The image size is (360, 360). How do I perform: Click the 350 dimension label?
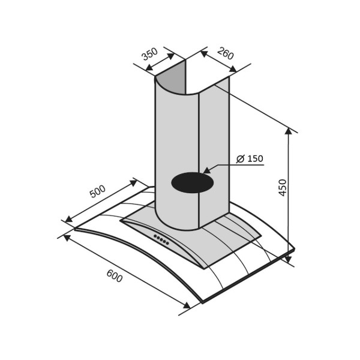pos(150,54)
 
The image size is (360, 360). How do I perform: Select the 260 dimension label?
pos(226,53)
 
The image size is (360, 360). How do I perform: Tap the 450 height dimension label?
pos(283,188)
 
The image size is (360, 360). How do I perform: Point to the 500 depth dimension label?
pos(98,191)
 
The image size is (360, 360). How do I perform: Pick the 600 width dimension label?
pos(115,276)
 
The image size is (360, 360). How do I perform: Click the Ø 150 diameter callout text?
pos(250,158)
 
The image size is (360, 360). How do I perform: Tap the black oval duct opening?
pos(193,182)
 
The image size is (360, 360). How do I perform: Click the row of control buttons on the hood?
pos(161,239)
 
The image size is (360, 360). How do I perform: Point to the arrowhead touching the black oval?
pos(206,170)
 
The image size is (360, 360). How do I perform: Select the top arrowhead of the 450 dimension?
pos(288,131)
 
